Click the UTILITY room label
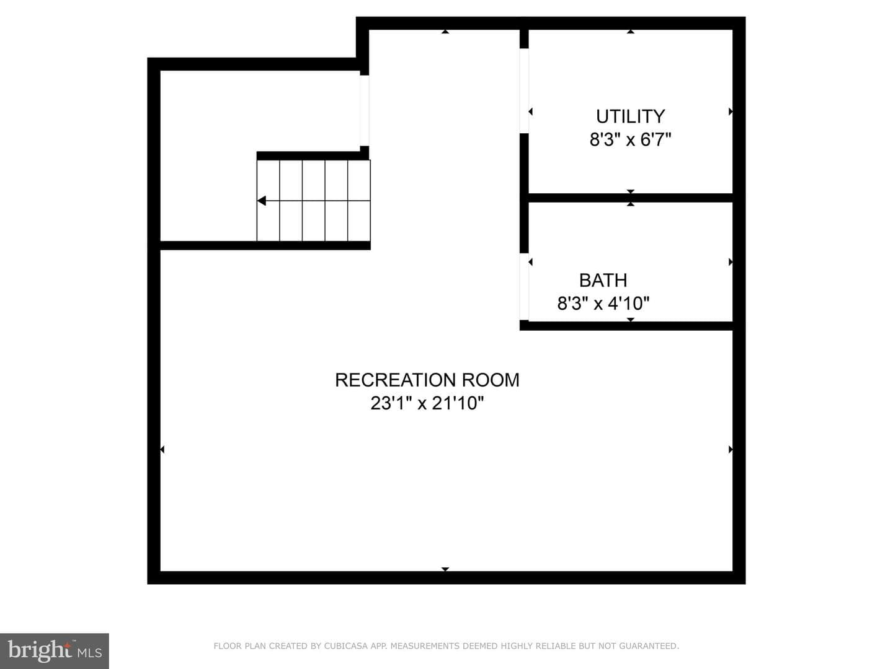click(x=630, y=116)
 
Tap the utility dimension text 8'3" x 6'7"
click(x=630, y=140)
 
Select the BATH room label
click(x=603, y=280)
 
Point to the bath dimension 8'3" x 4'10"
click(x=603, y=304)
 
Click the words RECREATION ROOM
click(x=427, y=380)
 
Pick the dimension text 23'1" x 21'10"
click(x=427, y=403)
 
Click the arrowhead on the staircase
click(x=262, y=201)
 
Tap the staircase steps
click(x=313, y=201)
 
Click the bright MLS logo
click(x=55, y=651)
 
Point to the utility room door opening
click(x=524, y=91)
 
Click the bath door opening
click(x=524, y=287)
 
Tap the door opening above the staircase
click(x=365, y=110)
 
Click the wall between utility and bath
click(x=631, y=198)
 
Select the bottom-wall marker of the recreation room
click(x=445, y=569)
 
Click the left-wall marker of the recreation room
click(x=162, y=449)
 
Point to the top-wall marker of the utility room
click(x=631, y=31)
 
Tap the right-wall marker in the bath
click(x=731, y=262)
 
